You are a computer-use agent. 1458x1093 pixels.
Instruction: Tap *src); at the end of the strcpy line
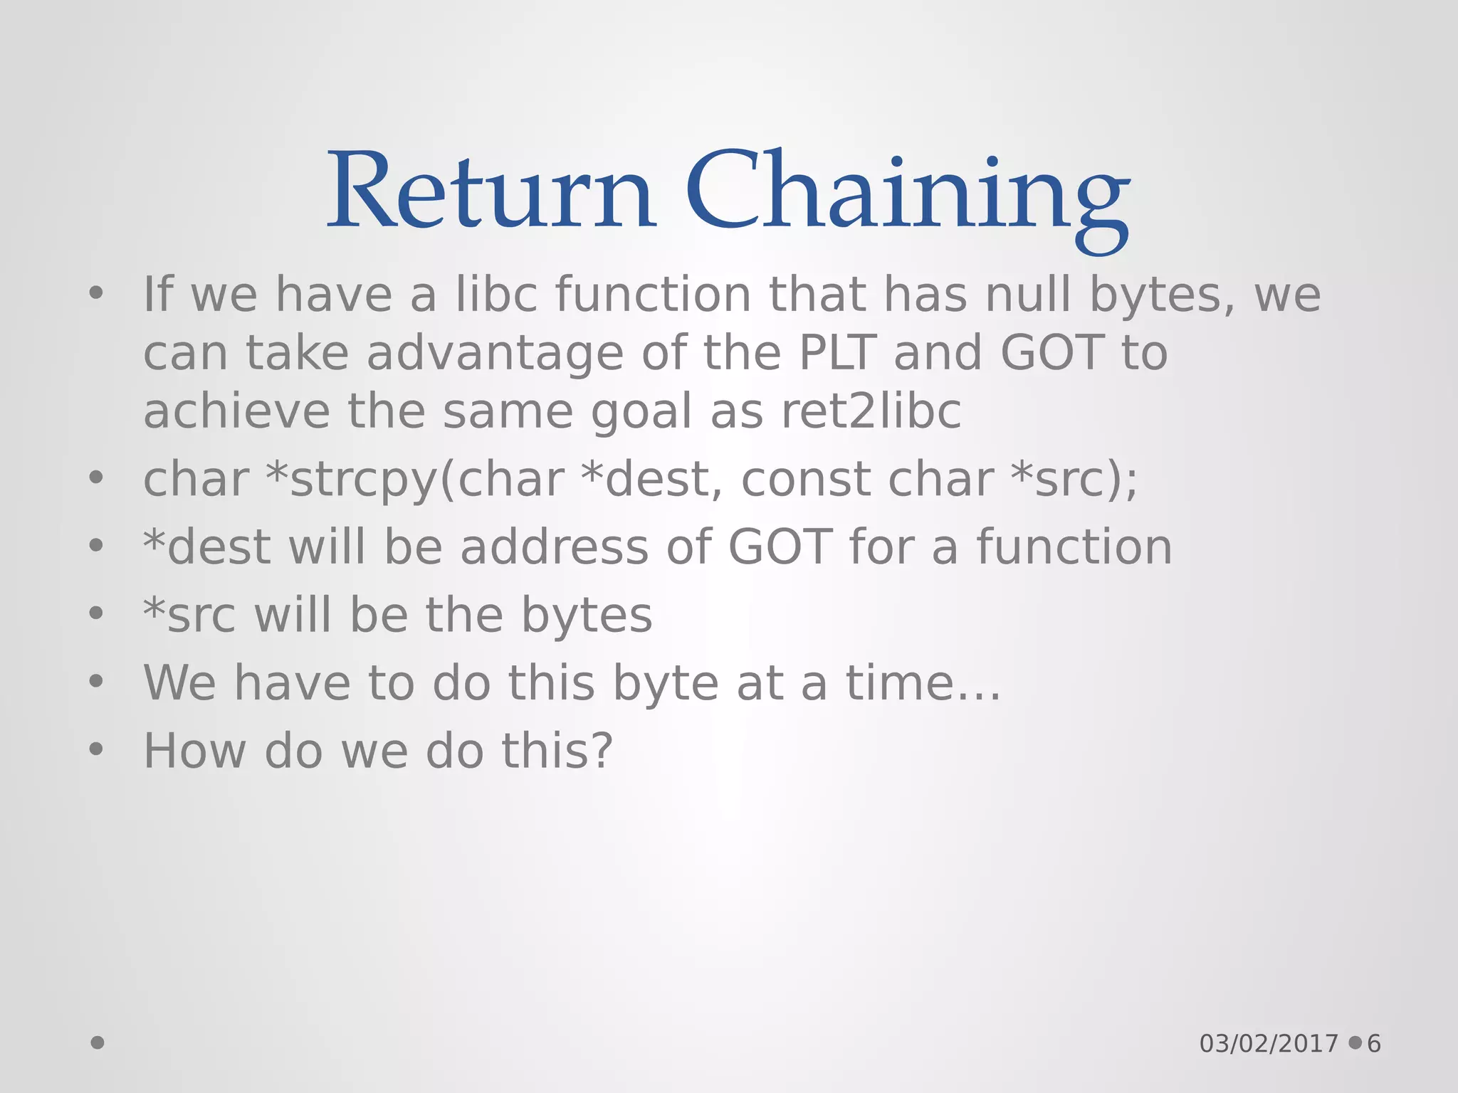pyautogui.click(x=1074, y=480)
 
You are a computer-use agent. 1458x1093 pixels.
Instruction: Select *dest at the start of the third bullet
pyautogui.click(x=206, y=547)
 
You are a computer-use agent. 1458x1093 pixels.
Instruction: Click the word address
pyautogui.click(x=554, y=547)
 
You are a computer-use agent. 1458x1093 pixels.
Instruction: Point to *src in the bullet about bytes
pyautogui.click(x=189, y=616)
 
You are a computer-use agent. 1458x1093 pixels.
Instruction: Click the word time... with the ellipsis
pyautogui.click(x=923, y=683)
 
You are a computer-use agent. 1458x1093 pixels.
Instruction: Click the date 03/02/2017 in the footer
pyautogui.click(x=1269, y=1044)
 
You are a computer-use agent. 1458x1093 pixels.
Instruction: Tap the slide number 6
pyautogui.click(x=1373, y=1044)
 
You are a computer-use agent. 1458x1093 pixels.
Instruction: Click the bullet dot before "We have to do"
pyautogui.click(x=96, y=682)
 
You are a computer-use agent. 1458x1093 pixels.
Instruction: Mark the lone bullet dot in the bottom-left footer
pyautogui.click(x=98, y=1043)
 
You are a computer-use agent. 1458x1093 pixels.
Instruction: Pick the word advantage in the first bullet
pyautogui.click(x=495, y=353)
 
